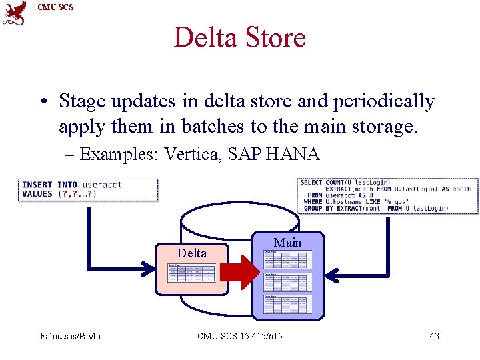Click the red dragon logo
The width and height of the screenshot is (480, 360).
point(15,13)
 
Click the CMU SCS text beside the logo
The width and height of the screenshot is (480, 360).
point(56,7)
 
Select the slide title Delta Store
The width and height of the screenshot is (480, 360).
point(239,37)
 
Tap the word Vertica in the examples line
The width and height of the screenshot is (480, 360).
point(192,155)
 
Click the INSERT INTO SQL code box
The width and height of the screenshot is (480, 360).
point(89,189)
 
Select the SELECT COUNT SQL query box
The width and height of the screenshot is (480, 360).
point(388,195)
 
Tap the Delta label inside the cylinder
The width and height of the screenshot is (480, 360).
point(192,253)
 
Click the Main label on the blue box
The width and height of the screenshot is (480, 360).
point(287,243)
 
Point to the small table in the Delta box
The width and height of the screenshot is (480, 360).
point(191,273)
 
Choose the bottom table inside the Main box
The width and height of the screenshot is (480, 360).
point(287,304)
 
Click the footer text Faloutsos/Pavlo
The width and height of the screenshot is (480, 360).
point(71,336)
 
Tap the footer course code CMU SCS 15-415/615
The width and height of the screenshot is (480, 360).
point(239,336)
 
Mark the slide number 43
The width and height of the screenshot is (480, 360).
point(434,336)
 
